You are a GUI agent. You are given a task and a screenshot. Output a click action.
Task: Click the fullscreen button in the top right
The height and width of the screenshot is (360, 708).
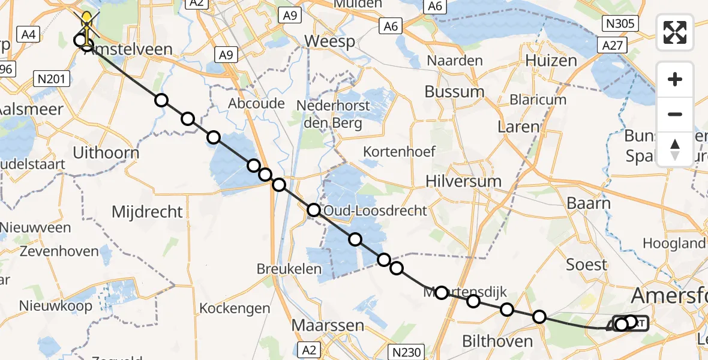pyautogui.click(x=675, y=32)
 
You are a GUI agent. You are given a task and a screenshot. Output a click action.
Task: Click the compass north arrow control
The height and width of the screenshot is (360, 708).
pyautogui.click(x=675, y=149)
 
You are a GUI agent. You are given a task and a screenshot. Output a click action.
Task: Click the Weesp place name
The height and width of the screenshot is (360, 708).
pyautogui.click(x=329, y=41)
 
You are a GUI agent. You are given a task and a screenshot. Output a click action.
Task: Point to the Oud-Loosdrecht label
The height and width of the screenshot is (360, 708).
pyautogui.click(x=375, y=211)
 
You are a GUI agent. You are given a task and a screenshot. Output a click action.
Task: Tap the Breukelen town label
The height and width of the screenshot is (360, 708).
pyautogui.click(x=289, y=269)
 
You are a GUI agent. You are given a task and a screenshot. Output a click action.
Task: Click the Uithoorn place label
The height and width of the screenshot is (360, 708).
pyautogui.click(x=106, y=153)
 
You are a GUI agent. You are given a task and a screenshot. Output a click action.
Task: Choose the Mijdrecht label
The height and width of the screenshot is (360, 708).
pyautogui.click(x=147, y=211)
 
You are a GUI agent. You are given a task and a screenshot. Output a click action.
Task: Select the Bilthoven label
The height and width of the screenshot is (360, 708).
pyautogui.click(x=497, y=341)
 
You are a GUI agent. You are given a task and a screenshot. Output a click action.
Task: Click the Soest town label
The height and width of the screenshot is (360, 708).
pyautogui.click(x=586, y=265)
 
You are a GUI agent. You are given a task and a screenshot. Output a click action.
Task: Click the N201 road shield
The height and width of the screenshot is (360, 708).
pyautogui.click(x=52, y=78)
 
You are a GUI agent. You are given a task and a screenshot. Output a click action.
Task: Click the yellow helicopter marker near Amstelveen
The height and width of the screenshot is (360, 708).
pyautogui.click(x=87, y=21)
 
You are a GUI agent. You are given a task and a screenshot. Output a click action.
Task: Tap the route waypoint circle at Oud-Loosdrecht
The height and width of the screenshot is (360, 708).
pyautogui.click(x=314, y=210)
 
